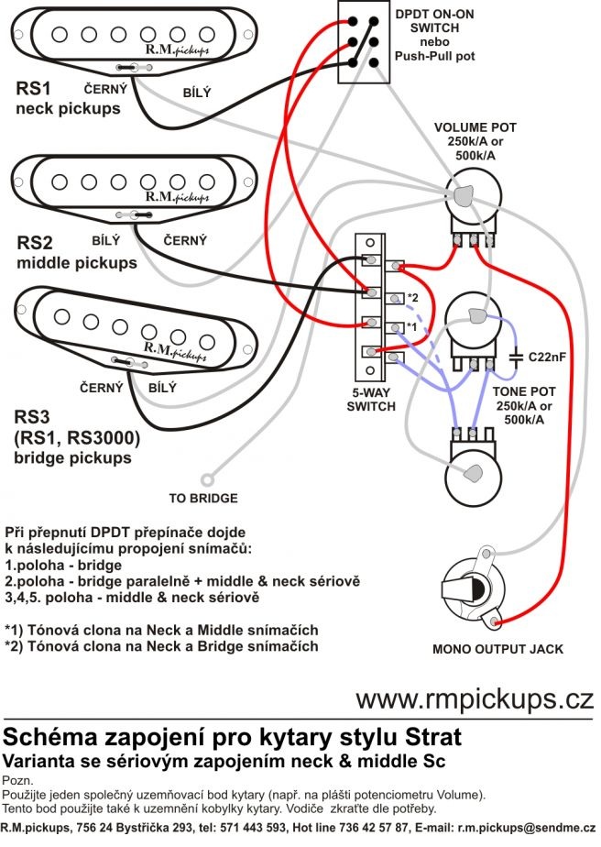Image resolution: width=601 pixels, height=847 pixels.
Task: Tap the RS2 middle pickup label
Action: (76, 253)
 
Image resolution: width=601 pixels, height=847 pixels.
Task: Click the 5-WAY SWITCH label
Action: (370, 399)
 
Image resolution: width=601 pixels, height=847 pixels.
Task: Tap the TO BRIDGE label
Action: (202, 499)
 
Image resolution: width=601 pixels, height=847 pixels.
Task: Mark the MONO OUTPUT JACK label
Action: (497, 649)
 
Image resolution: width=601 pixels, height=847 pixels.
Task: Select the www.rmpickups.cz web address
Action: (475, 699)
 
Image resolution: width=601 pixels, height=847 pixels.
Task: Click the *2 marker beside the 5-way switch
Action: (412, 298)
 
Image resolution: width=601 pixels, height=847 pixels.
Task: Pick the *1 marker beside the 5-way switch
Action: (412, 327)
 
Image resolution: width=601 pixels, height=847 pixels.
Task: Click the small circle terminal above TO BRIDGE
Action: (209, 478)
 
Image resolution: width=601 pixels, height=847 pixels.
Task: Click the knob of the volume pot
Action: (464, 194)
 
